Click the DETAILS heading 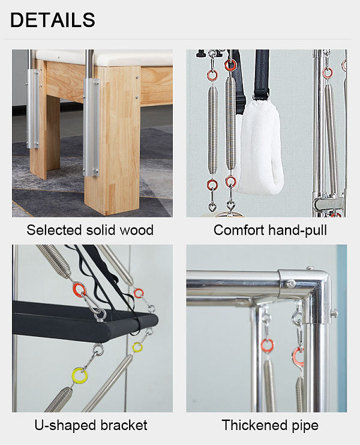pos(53,20)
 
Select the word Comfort pos(238,230)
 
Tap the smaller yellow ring pos(137,347)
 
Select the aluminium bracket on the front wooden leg pos(91,127)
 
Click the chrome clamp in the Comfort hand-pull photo pos(329,204)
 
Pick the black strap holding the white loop pos(262,74)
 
